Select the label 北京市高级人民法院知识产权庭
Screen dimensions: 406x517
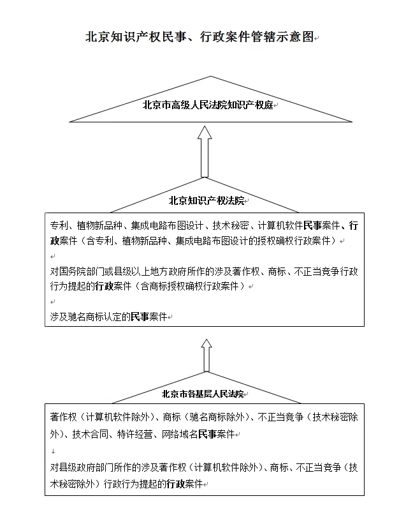tap(208, 105)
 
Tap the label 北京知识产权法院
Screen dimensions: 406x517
tap(207, 200)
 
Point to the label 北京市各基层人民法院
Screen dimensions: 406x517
tap(203, 394)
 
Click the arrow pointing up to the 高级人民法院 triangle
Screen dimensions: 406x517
tap(205, 152)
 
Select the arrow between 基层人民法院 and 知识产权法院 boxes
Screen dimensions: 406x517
tap(207, 356)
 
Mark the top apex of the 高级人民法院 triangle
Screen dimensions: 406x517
tap(211, 77)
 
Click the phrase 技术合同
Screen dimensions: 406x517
tap(90, 434)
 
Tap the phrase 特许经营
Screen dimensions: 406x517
tap(135, 434)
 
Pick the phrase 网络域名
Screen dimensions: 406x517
tap(180, 434)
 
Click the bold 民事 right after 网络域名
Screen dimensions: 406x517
tap(207, 434)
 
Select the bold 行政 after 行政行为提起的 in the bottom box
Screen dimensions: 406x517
tap(175, 484)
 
